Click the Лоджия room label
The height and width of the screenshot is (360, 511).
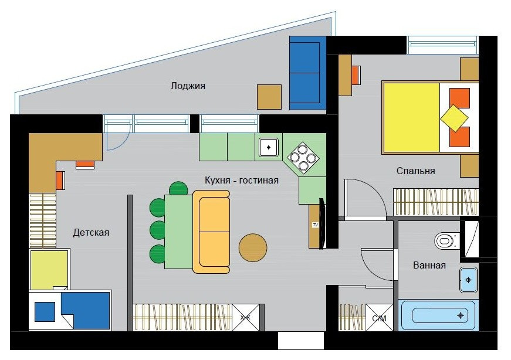point(188,86)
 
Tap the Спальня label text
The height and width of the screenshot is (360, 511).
point(415,171)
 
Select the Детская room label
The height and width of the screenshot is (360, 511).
point(91,233)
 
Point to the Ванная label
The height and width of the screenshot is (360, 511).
point(429,265)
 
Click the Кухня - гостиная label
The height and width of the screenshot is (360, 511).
point(242,180)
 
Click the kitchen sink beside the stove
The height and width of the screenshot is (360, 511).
point(269,148)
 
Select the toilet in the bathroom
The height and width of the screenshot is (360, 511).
point(447,241)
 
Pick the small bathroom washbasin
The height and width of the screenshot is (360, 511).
point(468,280)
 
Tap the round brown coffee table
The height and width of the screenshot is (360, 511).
point(253,247)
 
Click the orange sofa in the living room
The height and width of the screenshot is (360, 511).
point(212,232)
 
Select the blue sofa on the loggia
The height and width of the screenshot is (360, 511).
point(308,73)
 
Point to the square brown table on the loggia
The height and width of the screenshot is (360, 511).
point(269,97)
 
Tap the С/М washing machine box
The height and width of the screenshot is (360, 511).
point(380,318)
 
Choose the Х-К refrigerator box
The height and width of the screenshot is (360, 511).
point(245,318)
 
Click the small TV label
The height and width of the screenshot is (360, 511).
point(315,225)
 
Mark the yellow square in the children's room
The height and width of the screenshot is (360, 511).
point(49,270)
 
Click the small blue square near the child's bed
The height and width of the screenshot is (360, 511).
point(45,312)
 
